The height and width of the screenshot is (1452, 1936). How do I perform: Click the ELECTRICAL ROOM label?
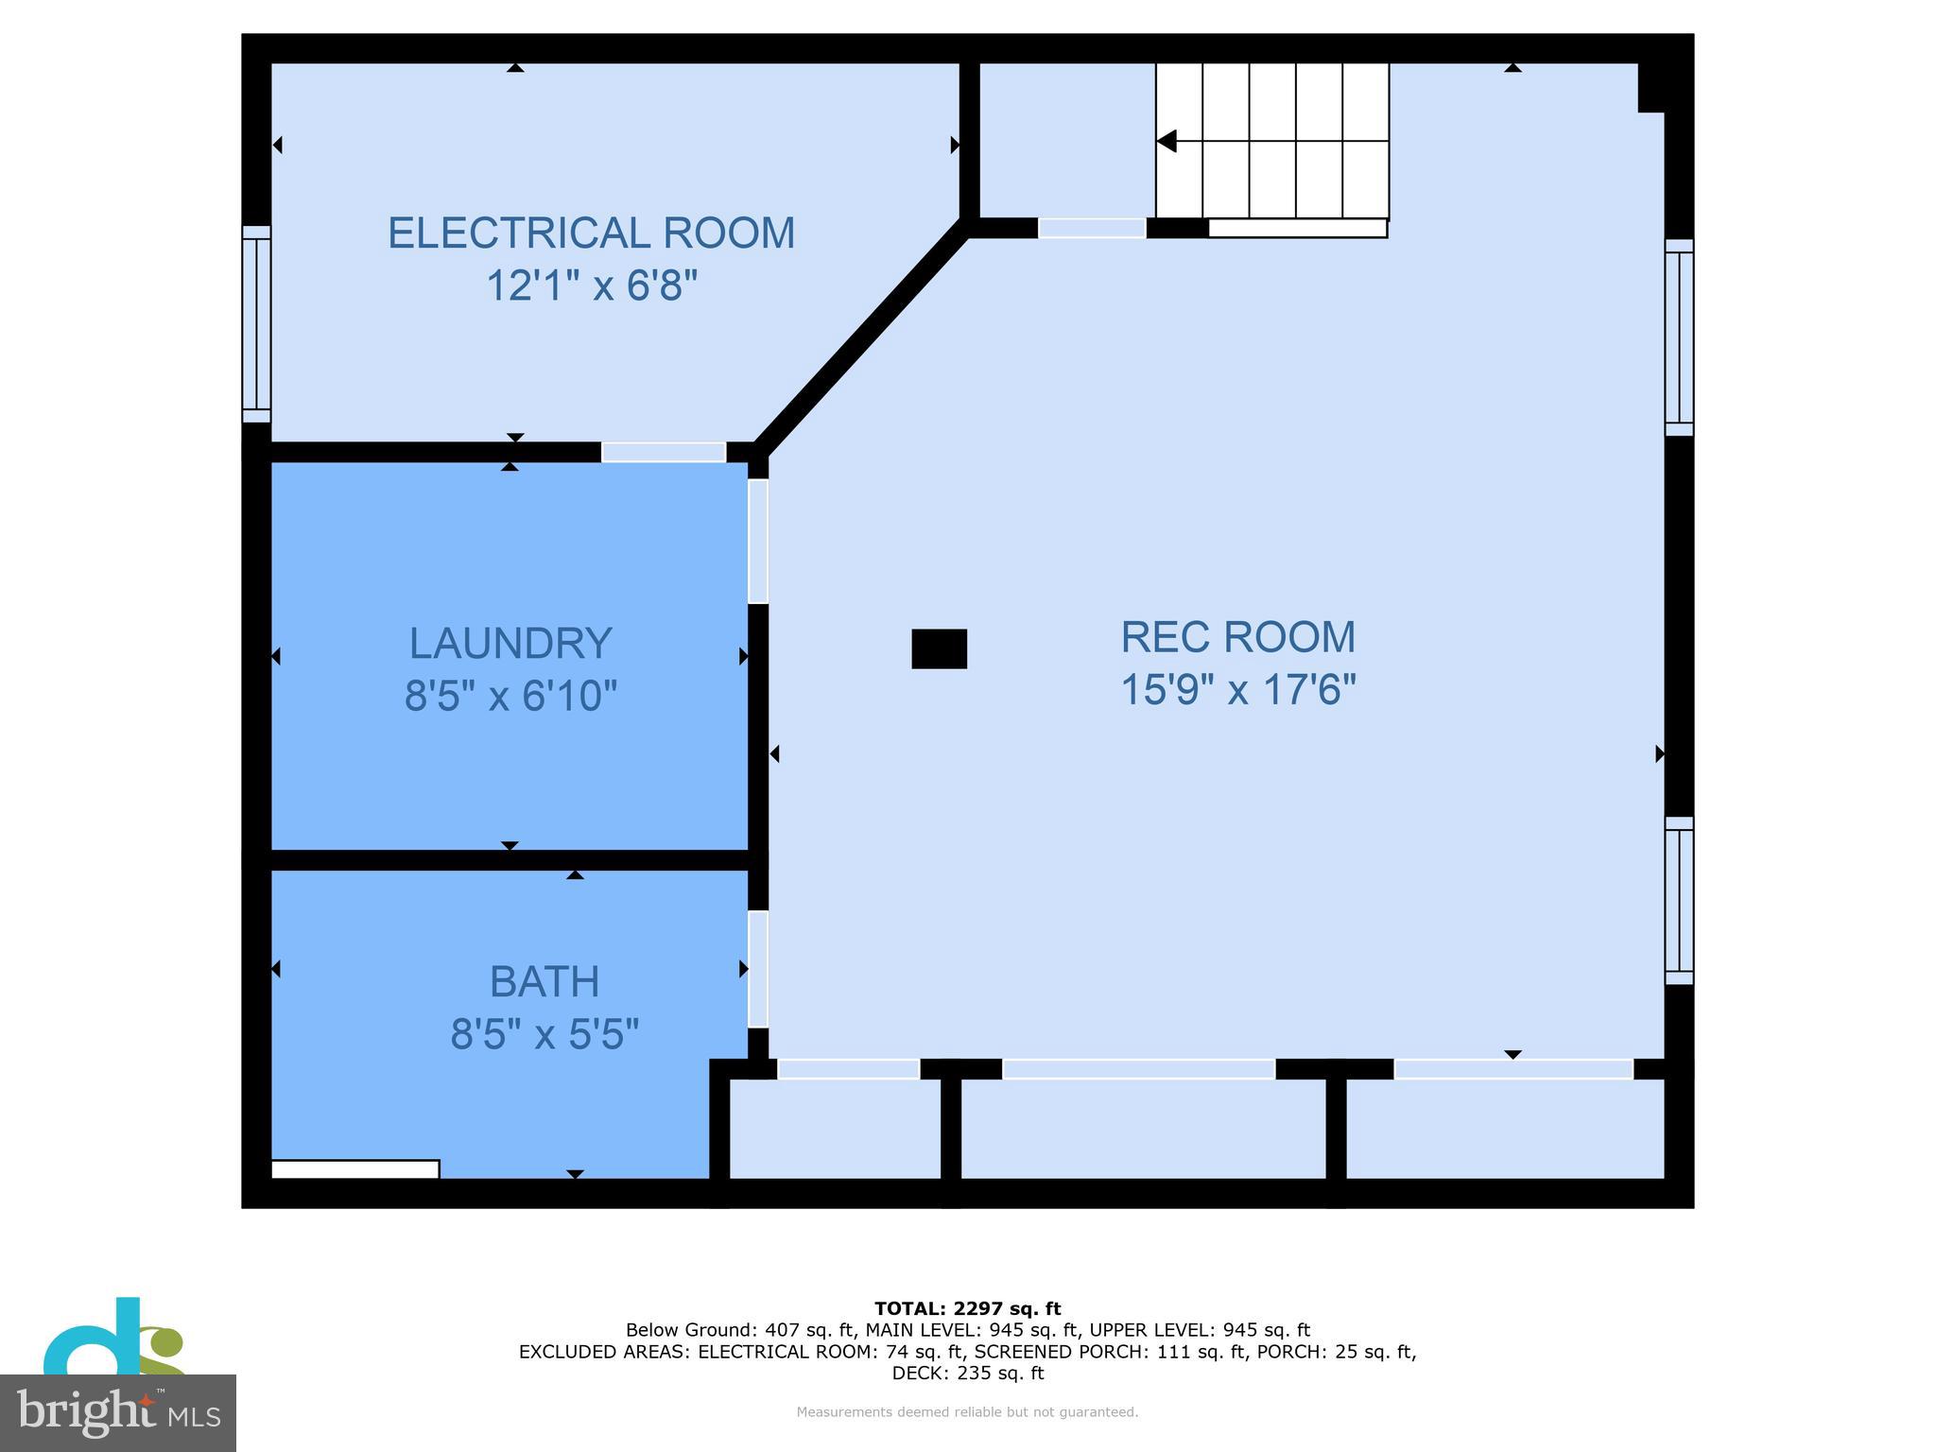coord(591,233)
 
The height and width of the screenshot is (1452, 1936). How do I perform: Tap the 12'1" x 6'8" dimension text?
coord(591,285)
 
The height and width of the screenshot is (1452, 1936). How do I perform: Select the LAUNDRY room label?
coord(510,644)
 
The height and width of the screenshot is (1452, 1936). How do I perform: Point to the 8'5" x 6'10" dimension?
coord(510,697)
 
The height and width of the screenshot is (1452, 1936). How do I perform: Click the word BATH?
coord(544,982)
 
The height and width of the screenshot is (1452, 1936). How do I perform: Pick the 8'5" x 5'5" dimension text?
coord(544,1034)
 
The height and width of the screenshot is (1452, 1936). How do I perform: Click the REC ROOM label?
coord(1237,637)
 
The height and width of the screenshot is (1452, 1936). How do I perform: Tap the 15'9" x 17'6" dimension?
coord(1237,690)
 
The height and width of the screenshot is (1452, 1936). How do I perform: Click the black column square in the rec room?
coord(939,649)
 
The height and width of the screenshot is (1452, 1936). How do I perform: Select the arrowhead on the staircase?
coord(1167,142)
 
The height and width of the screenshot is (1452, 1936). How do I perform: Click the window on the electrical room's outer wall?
coord(256,324)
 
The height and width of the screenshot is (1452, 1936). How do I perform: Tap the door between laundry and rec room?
coord(757,541)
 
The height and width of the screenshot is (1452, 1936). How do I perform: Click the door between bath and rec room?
coord(757,969)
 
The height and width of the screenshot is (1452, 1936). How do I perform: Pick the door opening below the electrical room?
coord(664,453)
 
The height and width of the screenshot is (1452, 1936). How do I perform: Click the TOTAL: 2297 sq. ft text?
coord(967,1309)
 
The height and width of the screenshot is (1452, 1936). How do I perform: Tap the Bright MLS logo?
coord(117,1411)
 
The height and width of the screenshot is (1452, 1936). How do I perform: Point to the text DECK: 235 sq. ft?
coord(967,1374)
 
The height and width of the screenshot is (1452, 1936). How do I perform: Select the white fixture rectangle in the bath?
coord(355,1169)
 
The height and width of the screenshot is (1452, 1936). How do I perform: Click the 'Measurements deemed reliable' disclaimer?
coord(967,1412)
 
